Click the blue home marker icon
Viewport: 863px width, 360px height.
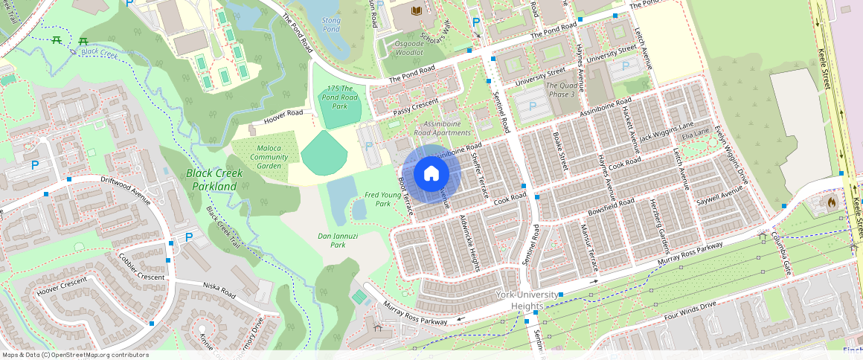[431, 174]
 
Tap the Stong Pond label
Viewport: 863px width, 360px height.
[331, 24]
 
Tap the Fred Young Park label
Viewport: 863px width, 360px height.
[383, 199]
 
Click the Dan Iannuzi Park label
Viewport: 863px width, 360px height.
[338, 240]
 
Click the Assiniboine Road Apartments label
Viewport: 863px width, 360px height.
[446, 128]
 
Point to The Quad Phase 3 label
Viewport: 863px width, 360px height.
[562, 89]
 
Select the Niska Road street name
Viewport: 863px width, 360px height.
[219, 290]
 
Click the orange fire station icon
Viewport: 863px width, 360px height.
[831, 202]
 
